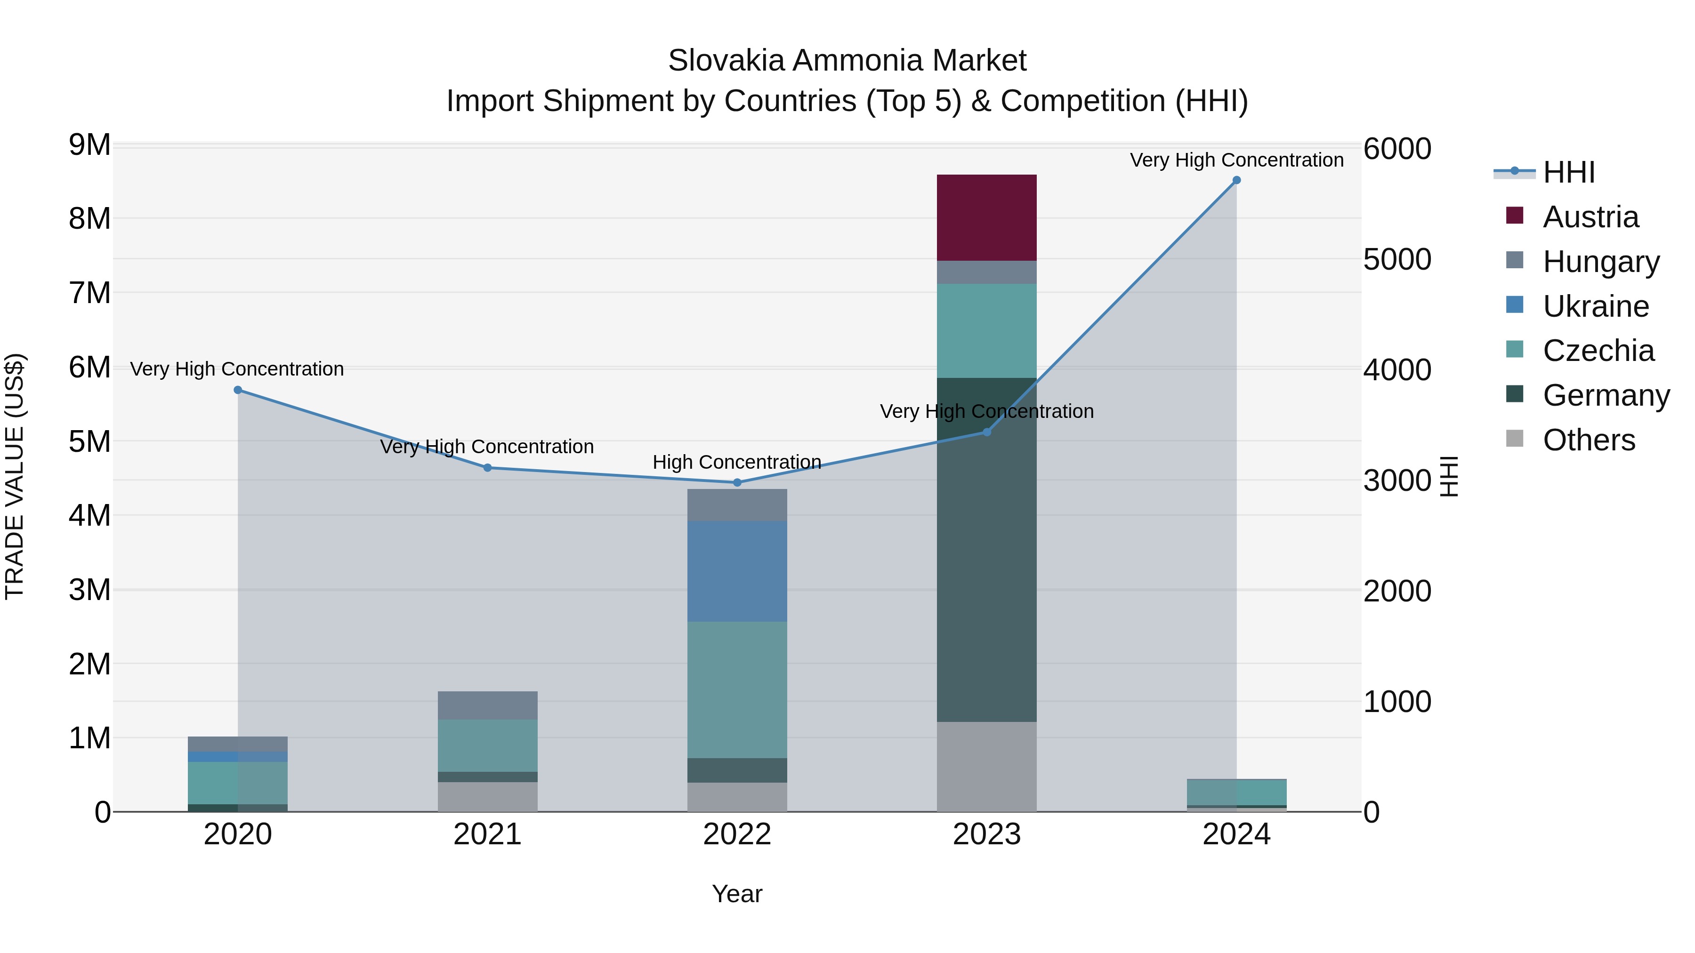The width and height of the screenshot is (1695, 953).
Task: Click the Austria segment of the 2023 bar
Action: click(x=986, y=218)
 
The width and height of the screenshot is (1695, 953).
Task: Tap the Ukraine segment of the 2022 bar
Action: click(x=737, y=571)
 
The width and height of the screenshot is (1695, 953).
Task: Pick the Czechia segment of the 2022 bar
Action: click(x=737, y=689)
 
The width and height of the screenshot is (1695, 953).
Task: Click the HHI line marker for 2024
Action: click(x=1236, y=180)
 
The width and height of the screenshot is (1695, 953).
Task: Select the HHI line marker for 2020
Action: click(x=238, y=390)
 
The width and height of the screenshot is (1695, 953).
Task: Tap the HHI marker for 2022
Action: click(x=737, y=483)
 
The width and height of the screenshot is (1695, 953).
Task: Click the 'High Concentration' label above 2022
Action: click(x=737, y=462)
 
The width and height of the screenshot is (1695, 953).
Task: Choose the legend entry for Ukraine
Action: click(x=1595, y=306)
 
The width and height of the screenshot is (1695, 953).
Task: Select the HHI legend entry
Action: click(x=1568, y=172)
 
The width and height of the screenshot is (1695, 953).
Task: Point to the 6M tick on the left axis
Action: click(x=89, y=367)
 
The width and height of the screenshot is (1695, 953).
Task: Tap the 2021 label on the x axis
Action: click(x=488, y=834)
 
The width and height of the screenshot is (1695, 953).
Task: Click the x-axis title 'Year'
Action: click(x=737, y=894)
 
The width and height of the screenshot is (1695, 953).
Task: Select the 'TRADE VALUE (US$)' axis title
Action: click(x=15, y=476)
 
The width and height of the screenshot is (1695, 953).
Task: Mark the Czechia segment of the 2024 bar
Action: click(x=1236, y=793)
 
